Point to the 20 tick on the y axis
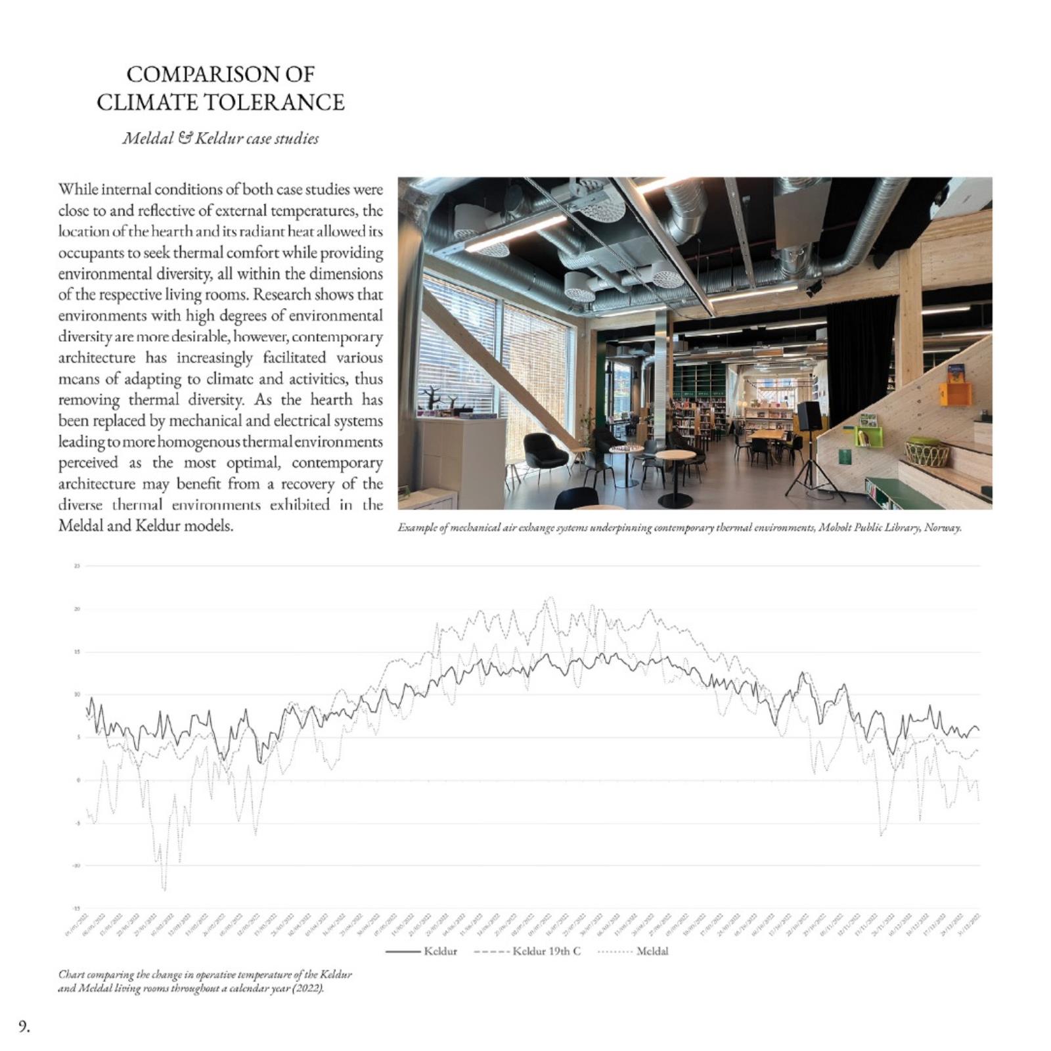[77, 609]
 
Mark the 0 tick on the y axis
[78, 780]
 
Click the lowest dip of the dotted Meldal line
[164, 889]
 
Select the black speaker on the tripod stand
[809, 416]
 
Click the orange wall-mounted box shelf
[954, 393]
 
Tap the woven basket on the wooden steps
[927, 452]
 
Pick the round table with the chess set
[625, 449]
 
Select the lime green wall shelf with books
[868, 436]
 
